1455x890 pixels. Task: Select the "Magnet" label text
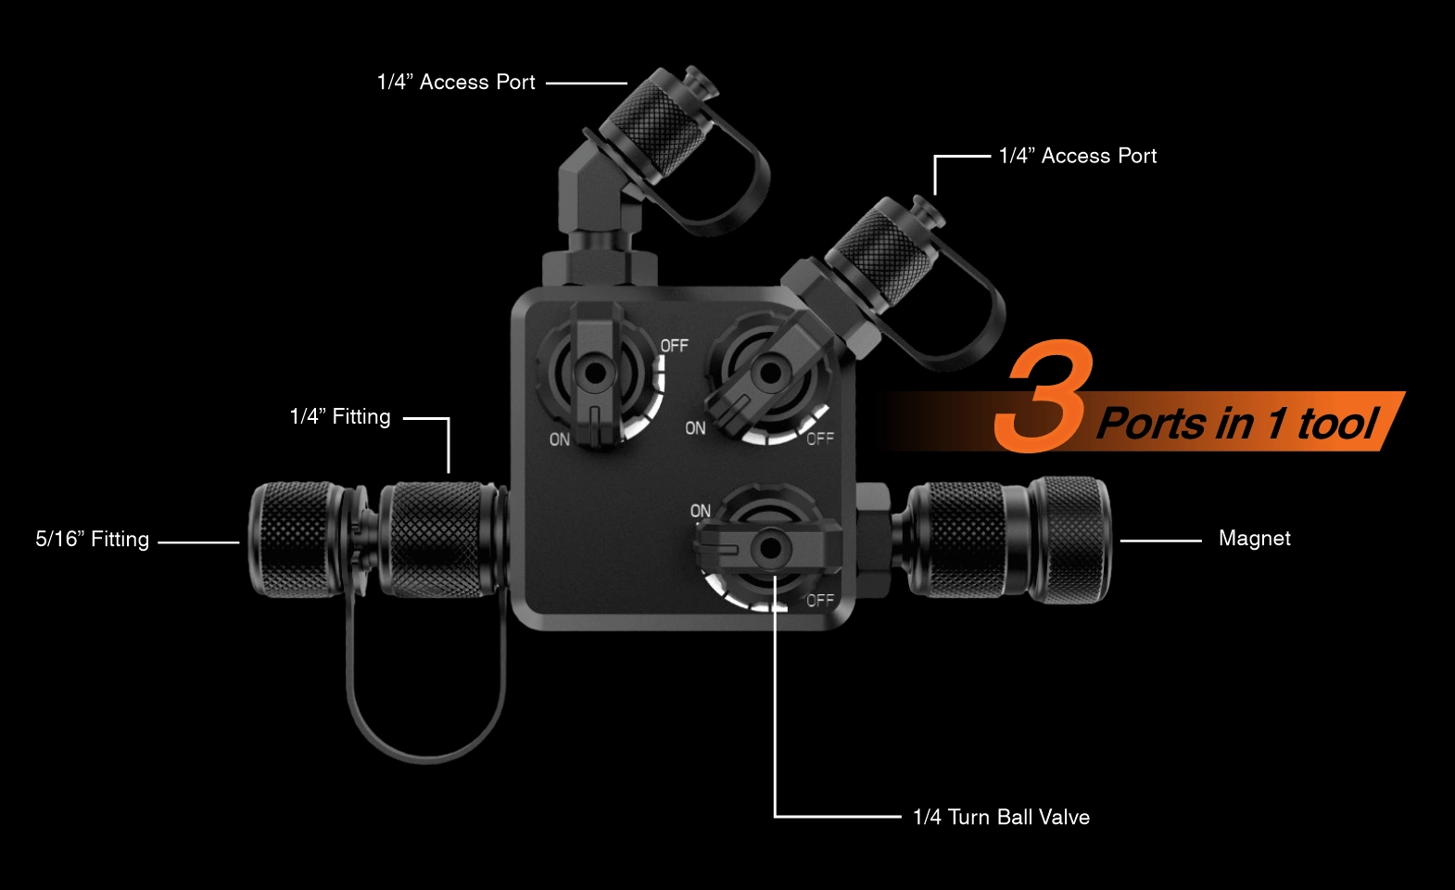pyautogui.click(x=1254, y=539)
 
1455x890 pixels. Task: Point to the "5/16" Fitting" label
pyautogui.click(x=93, y=539)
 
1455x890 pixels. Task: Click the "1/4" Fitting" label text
pyautogui.click(x=340, y=416)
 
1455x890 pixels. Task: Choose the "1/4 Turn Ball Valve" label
pyautogui.click(x=1001, y=817)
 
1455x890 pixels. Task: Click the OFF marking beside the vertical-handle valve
pyautogui.click(x=675, y=346)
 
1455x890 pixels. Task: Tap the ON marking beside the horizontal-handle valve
pyautogui.click(x=701, y=511)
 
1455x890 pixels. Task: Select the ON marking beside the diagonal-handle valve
pyautogui.click(x=695, y=428)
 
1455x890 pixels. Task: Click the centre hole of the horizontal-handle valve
pyautogui.click(x=770, y=548)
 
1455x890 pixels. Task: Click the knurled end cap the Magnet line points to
pyautogui.click(x=1069, y=540)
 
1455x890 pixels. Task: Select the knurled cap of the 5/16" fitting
pyautogui.click(x=296, y=540)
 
